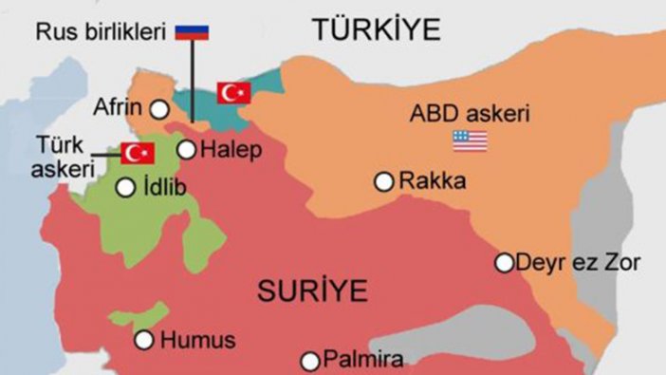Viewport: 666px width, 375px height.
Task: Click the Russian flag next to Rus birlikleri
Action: pyautogui.click(x=193, y=32)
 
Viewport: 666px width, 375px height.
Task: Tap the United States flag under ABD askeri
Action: pyautogui.click(x=471, y=141)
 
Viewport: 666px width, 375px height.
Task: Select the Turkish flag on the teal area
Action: pyautogui.click(x=233, y=91)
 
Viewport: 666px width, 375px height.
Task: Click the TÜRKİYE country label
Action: pyautogui.click(x=379, y=29)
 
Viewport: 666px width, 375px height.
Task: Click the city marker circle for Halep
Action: pyautogui.click(x=187, y=149)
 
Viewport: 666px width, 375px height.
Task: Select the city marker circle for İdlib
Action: pyautogui.click(x=125, y=188)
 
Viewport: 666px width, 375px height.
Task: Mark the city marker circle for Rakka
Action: pyautogui.click(x=384, y=180)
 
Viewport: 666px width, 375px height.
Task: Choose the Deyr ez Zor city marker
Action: pyautogui.click(x=505, y=262)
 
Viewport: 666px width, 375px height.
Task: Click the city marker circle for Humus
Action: pyautogui.click(x=144, y=339)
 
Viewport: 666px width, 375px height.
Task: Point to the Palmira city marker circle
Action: pyautogui.click(x=310, y=360)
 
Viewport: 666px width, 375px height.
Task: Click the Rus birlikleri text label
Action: pyautogui.click(x=102, y=32)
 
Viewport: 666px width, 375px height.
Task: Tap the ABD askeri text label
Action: pyautogui.click(x=469, y=114)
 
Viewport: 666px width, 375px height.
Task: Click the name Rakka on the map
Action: pyautogui.click(x=433, y=180)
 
